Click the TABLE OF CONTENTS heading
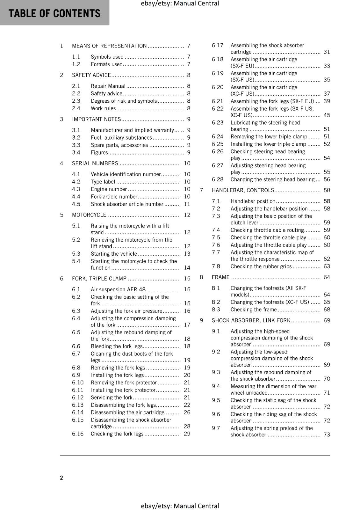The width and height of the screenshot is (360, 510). click(x=54, y=13)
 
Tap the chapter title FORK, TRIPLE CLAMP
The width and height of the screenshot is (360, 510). click(x=99, y=279)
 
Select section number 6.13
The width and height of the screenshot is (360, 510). click(x=78, y=405)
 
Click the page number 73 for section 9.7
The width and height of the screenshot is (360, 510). click(x=327, y=434)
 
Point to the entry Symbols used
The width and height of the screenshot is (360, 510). click(x=107, y=57)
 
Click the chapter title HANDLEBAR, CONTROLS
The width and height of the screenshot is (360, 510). click(x=243, y=190)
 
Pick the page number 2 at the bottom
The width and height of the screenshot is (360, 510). click(x=61, y=477)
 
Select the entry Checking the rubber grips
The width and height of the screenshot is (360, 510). click(x=261, y=266)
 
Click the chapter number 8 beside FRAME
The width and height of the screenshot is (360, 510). click(x=201, y=277)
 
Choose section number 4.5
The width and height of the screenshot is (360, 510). click(x=76, y=204)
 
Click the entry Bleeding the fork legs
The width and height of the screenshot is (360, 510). click(x=117, y=346)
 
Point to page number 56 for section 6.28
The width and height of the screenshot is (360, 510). click(x=327, y=179)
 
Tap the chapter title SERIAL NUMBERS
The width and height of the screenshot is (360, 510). click(x=95, y=164)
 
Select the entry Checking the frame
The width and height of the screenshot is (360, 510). click(x=254, y=310)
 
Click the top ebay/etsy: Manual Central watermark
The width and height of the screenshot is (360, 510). click(x=180, y=4)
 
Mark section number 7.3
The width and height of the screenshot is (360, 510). click(x=216, y=216)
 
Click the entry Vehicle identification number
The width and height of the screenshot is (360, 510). click(x=126, y=174)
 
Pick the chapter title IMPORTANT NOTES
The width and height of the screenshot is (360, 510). click(x=97, y=119)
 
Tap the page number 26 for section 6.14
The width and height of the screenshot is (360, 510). click(x=187, y=412)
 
